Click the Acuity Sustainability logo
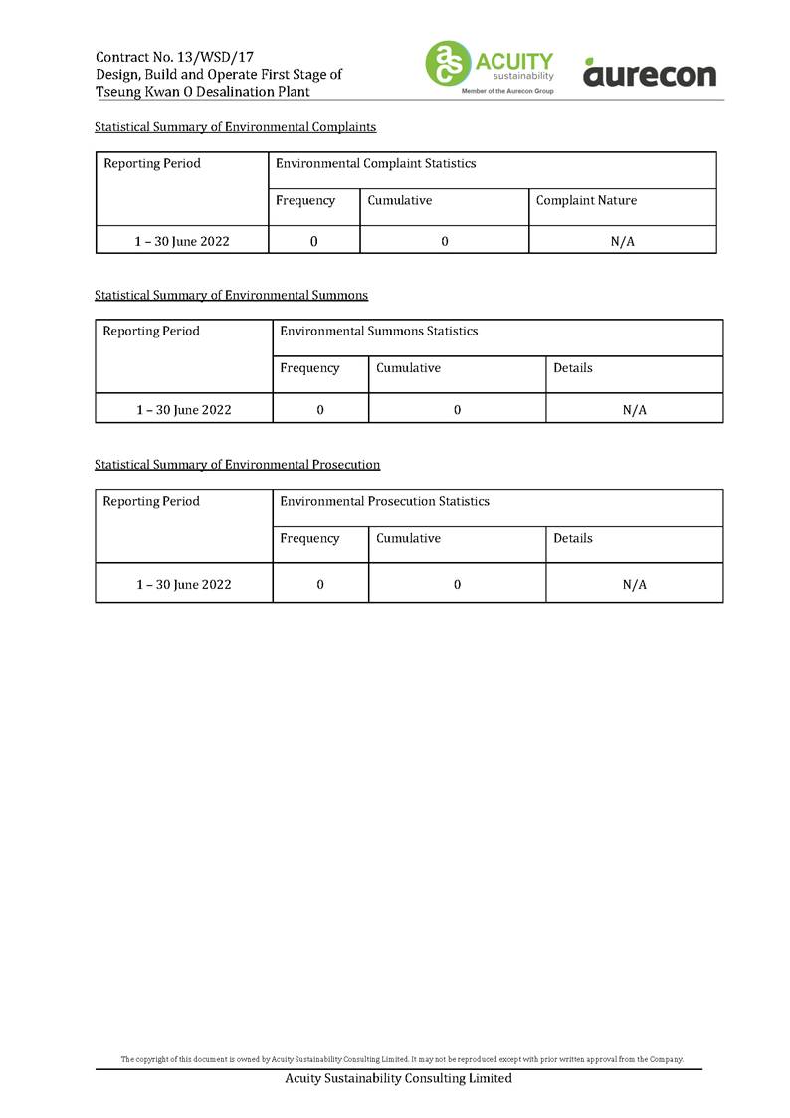click(x=490, y=66)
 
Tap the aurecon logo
click(x=649, y=73)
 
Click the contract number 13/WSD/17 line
click(x=167, y=57)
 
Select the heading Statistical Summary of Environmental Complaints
click(x=235, y=127)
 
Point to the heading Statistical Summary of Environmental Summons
click(x=231, y=295)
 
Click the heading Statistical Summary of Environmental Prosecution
click(x=237, y=464)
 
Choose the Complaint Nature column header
click(x=586, y=201)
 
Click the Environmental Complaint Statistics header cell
click(x=375, y=163)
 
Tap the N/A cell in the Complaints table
click(x=622, y=241)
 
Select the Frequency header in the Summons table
click(x=309, y=368)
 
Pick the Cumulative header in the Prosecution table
click(x=408, y=538)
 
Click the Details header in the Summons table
click(x=572, y=368)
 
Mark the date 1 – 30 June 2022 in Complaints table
click(x=182, y=241)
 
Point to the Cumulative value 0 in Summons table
click(x=457, y=409)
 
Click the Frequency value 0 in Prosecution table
click(x=320, y=585)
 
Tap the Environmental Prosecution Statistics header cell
click(x=384, y=501)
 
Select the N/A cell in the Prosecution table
click(x=634, y=585)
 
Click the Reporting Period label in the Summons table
click(x=151, y=331)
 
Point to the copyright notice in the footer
click(x=402, y=1059)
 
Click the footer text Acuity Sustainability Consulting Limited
click(x=398, y=1078)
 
